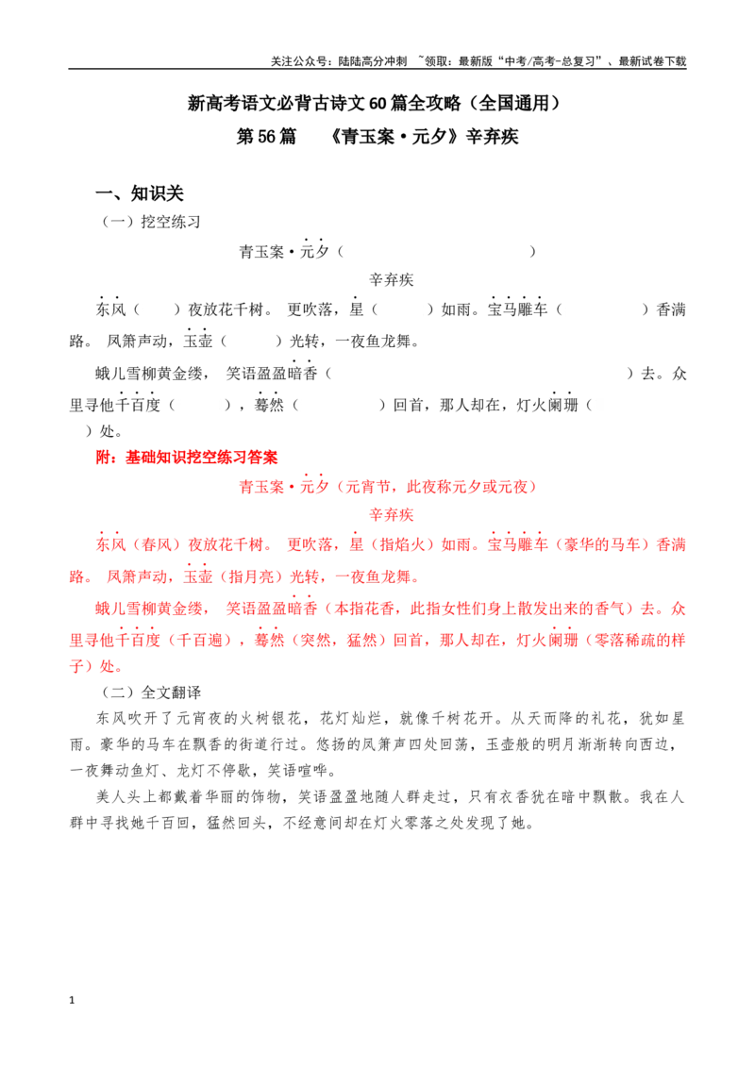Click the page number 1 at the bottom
pyautogui.click(x=72, y=1000)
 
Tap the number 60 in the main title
pyautogui.click(x=378, y=104)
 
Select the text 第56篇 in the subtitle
pyautogui.click(x=266, y=137)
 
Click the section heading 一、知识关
pyautogui.click(x=140, y=193)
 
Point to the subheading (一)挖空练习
pyautogui.click(x=151, y=222)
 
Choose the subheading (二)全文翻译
pyautogui.click(x=151, y=693)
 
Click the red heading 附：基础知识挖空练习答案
pyautogui.click(x=187, y=458)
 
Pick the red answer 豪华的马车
pyautogui.click(x=603, y=545)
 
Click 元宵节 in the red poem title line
pyautogui.click(x=369, y=487)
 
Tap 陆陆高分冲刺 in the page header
pyautogui.click(x=373, y=61)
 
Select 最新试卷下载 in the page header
pyautogui.click(x=652, y=61)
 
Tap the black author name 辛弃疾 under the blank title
pyautogui.click(x=392, y=280)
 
